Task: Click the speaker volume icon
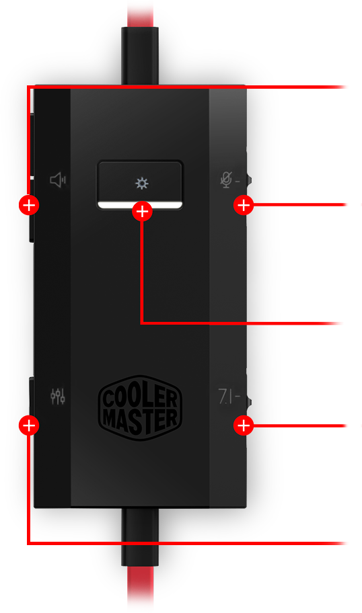[58, 180]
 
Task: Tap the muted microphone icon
[226, 180]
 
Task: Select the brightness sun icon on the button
[142, 183]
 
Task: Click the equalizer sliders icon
[58, 396]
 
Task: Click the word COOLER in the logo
[139, 397]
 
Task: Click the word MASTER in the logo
[140, 420]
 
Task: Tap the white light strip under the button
[140, 205]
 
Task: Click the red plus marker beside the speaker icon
[29, 205]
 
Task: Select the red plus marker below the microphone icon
[244, 205]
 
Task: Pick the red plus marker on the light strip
[142, 212]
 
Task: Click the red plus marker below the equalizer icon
[29, 425]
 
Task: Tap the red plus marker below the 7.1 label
[244, 425]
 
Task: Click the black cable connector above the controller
[140, 56]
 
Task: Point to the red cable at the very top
[140, 13]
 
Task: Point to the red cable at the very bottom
[140, 589]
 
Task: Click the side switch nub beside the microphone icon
[249, 180]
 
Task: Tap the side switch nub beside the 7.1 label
[249, 401]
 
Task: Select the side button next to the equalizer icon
[32, 396]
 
